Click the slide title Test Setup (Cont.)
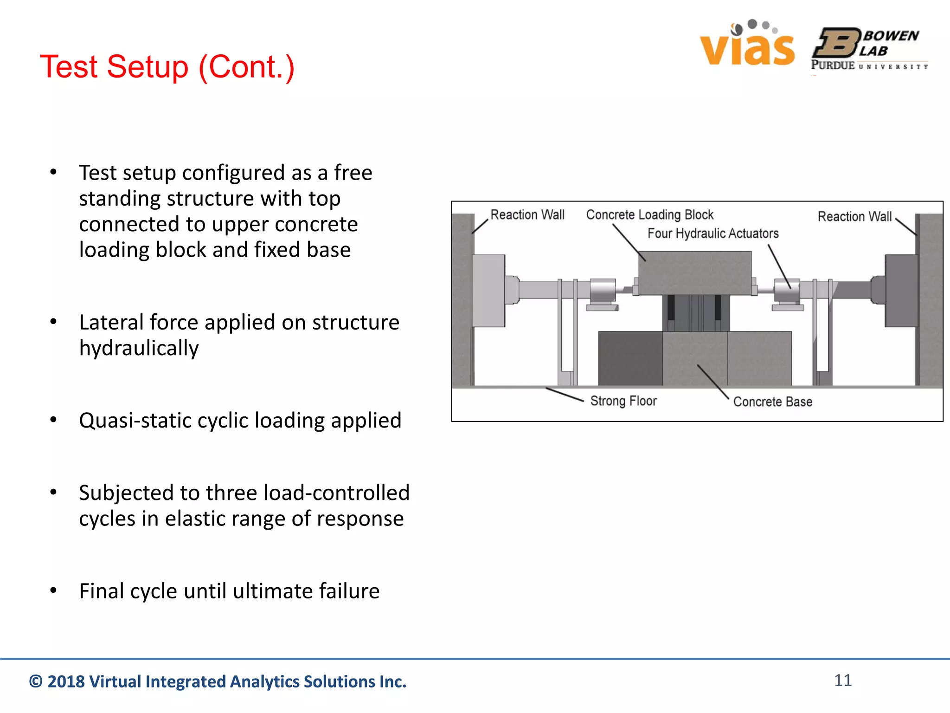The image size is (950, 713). pyautogui.click(x=167, y=67)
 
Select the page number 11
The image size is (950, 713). pyautogui.click(x=843, y=680)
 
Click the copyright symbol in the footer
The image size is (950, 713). pyautogui.click(x=36, y=681)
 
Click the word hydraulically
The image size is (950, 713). pyautogui.click(x=139, y=348)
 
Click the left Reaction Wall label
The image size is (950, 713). pyautogui.click(x=527, y=214)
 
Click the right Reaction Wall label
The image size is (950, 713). pyautogui.click(x=854, y=216)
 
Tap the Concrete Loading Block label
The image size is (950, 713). pyautogui.click(x=649, y=214)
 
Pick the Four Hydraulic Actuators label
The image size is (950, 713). pyautogui.click(x=713, y=233)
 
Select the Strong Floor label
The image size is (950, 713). pyautogui.click(x=623, y=401)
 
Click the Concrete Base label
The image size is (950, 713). pyautogui.click(x=772, y=402)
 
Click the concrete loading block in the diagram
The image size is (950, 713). pyautogui.click(x=694, y=273)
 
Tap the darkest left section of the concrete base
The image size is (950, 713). pyautogui.click(x=630, y=358)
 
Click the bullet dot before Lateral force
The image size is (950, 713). pyautogui.click(x=53, y=322)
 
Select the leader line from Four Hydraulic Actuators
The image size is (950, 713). pyautogui.click(x=779, y=266)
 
